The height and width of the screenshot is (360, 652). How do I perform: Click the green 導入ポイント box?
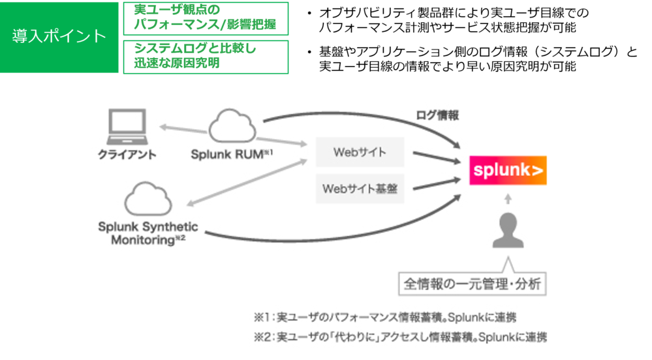(x=59, y=37)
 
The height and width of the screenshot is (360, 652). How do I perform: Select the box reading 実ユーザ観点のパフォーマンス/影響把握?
(x=206, y=19)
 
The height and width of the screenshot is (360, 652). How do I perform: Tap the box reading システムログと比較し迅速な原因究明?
(x=206, y=57)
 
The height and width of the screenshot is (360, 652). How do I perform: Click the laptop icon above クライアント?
(x=127, y=127)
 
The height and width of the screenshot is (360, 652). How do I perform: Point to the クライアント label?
(x=127, y=155)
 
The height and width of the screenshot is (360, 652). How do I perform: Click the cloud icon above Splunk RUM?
(x=232, y=126)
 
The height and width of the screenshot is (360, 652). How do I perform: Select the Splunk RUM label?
(x=232, y=154)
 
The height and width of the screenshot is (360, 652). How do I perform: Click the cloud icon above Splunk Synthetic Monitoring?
(x=148, y=199)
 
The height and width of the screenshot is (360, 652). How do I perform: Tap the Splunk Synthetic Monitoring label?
(x=148, y=233)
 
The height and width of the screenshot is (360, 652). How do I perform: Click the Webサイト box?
(x=360, y=152)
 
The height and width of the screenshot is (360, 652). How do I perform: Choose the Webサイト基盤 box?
(x=360, y=188)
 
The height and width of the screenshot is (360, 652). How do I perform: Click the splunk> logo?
(x=508, y=170)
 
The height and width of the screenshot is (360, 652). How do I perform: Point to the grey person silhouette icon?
(x=508, y=230)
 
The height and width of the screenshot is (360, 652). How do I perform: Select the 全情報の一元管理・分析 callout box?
(x=473, y=284)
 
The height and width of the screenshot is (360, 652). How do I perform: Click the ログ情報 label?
(x=437, y=115)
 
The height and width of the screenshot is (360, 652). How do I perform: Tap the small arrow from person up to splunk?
(x=508, y=199)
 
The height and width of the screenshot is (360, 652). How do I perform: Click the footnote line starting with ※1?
(x=385, y=318)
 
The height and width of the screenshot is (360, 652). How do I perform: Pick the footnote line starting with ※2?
(x=401, y=337)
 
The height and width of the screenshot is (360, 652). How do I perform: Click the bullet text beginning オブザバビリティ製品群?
(x=454, y=20)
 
